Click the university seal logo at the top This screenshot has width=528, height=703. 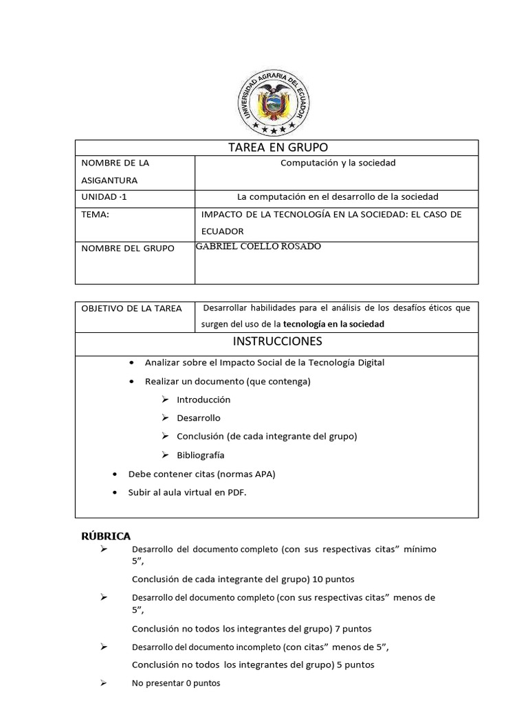click(x=271, y=103)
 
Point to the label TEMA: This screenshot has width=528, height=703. click(x=95, y=214)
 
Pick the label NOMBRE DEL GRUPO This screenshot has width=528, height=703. click(x=128, y=248)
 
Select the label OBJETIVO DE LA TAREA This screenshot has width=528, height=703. click(x=131, y=308)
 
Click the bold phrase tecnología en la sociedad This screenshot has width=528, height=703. click(x=333, y=324)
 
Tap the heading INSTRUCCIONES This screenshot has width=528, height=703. click(x=277, y=341)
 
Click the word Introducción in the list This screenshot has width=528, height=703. click(x=203, y=400)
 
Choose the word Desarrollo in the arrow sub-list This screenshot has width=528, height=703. click(x=199, y=417)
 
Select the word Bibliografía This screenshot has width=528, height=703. click(x=200, y=454)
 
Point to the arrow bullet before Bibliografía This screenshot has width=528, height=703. click(x=165, y=454)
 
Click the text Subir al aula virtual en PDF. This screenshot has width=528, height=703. click(x=187, y=492)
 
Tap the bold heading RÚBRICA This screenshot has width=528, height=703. click(x=106, y=536)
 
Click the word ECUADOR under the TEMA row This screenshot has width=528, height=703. click(x=222, y=231)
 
